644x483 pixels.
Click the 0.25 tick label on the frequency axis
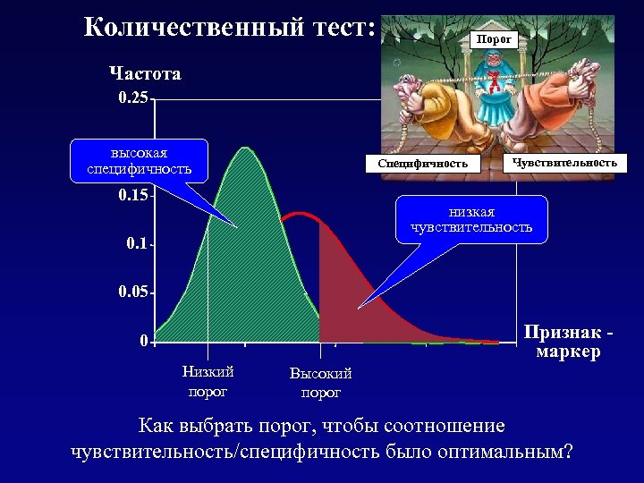133,97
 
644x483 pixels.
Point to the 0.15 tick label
133,195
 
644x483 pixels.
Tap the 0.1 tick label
136,243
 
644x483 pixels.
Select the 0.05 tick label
133,292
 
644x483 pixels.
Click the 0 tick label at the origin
143,341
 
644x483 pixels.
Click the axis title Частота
145,73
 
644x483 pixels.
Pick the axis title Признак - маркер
569,342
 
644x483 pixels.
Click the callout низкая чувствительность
471,219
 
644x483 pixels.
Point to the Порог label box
494,39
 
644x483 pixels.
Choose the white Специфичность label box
422,164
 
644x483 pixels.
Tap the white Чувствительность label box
564,163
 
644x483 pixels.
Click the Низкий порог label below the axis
208,381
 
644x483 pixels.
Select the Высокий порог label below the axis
320,383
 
